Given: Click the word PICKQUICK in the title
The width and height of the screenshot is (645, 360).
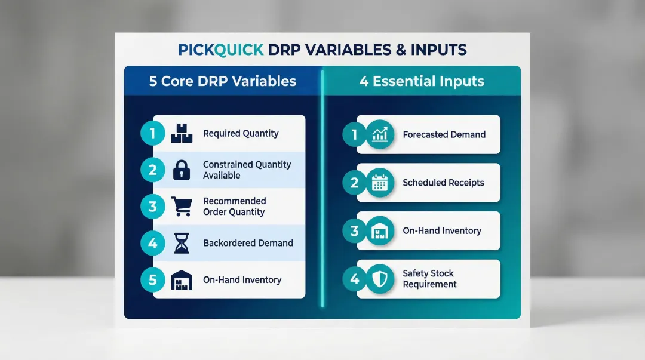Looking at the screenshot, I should [x=220, y=50].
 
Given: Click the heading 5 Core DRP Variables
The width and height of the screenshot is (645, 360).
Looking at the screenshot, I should [x=223, y=81].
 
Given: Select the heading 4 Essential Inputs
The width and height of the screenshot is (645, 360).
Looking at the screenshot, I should [x=421, y=81].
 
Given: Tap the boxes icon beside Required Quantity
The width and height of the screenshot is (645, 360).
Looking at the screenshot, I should [x=182, y=134].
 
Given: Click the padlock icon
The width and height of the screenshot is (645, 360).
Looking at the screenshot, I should [x=182, y=170].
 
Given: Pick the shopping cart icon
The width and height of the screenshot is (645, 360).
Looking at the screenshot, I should [x=182, y=207].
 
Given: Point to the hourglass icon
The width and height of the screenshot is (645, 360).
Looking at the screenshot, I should [x=182, y=243].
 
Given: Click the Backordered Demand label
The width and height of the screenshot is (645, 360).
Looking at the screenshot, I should [x=248, y=243].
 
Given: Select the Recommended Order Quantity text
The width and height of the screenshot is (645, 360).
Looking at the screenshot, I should [x=234, y=207].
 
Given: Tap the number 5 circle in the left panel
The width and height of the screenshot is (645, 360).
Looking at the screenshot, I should [x=153, y=279].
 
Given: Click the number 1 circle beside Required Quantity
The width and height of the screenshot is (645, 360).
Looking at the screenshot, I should [x=153, y=134].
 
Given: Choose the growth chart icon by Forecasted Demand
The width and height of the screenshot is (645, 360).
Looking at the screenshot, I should [x=380, y=134].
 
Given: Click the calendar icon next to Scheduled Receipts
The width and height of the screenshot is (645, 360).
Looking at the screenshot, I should [x=380, y=183].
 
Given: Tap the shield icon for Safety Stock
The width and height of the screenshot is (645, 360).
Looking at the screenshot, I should [x=380, y=279].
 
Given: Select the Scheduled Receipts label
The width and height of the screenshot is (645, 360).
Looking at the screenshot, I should [x=443, y=183].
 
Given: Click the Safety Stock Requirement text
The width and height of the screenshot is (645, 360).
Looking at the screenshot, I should [x=429, y=279].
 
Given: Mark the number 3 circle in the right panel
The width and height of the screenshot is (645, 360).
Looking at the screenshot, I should [x=355, y=230].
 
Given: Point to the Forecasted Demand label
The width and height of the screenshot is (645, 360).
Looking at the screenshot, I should [x=444, y=134].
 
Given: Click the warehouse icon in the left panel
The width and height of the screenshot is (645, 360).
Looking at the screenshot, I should [x=182, y=279].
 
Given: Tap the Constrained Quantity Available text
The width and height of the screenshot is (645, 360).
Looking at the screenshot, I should [x=247, y=170].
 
